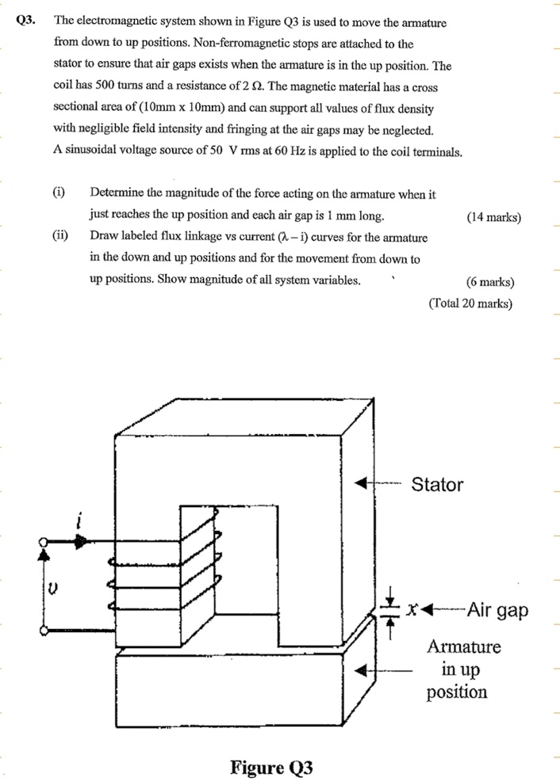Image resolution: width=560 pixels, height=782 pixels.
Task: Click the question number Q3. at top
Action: click(25, 21)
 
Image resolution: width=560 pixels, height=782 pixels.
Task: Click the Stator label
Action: click(436, 484)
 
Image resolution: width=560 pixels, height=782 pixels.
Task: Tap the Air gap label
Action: click(497, 610)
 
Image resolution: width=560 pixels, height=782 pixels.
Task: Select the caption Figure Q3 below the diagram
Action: click(271, 767)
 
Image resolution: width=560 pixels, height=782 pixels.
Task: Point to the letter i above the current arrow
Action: click(79, 521)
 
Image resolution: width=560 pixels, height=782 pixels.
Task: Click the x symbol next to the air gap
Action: click(412, 611)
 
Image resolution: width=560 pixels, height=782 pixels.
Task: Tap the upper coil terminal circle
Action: click(44, 543)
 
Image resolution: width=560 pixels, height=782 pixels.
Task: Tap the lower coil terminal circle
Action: click(44, 631)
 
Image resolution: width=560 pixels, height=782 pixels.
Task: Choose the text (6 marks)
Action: click(490, 281)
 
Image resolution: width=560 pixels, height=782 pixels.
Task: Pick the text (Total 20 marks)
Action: click(470, 303)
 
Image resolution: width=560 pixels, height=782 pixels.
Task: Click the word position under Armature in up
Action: click(456, 692)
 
